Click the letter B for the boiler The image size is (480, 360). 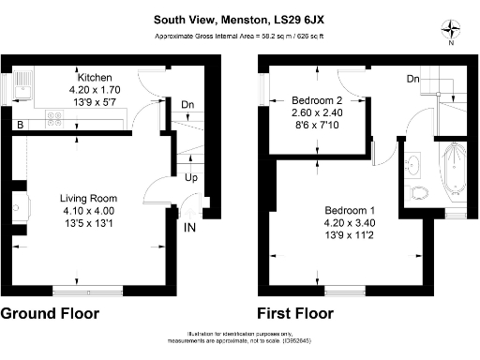[x=19, y=124]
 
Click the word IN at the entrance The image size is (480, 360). [x=190, y=227]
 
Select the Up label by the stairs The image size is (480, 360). [x=190, y=177]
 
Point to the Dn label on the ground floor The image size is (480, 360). [x=187, y=105]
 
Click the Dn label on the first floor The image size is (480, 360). [x=413, y=80]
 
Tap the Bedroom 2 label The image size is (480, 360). [x=315, y=99]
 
